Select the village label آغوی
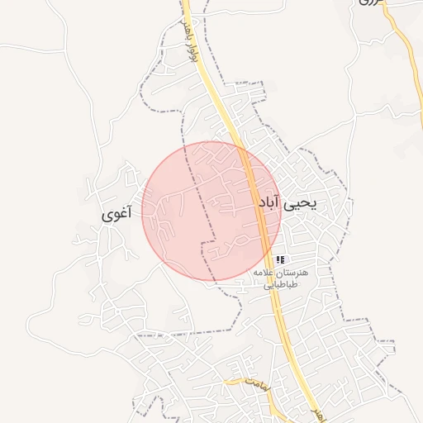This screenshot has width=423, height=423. [x=116, y=213]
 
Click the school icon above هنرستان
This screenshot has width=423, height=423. [x=280, y=259]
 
